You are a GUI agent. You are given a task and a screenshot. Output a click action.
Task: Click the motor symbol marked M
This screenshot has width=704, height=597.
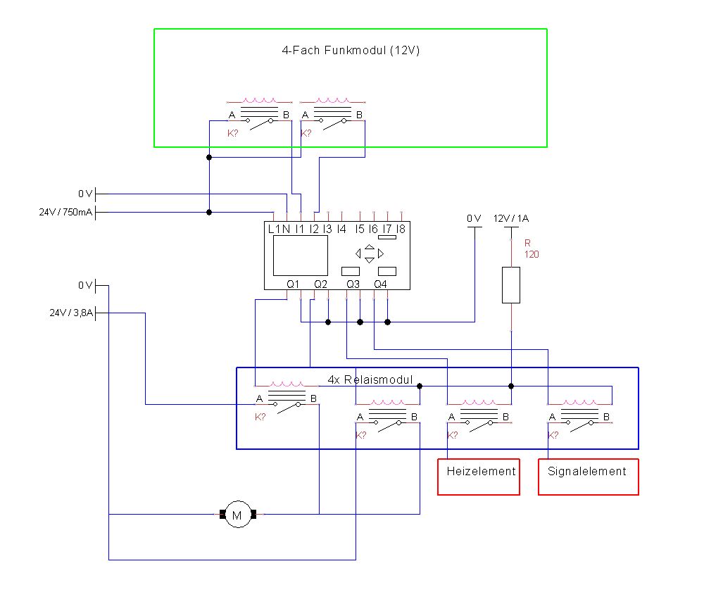pyautogui.click(x=237, y=514)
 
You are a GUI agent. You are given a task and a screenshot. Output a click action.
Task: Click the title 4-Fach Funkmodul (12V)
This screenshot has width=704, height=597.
pyautogui.click(x=351, y=50)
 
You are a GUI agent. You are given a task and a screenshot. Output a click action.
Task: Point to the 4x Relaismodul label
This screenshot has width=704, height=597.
pyautogui.click(x=370, y=379)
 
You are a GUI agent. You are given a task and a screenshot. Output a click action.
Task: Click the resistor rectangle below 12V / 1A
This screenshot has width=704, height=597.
pyautogui.click(x=511, y=285)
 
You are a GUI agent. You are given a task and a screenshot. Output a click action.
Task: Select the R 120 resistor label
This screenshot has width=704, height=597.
pyautogui.click(x=532, y=249)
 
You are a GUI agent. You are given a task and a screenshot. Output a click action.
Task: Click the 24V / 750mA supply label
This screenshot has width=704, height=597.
pyautogui.click(x=65, y=212)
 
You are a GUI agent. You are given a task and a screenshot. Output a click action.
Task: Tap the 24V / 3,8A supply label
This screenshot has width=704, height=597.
pyautogui.click(x=71, y=313)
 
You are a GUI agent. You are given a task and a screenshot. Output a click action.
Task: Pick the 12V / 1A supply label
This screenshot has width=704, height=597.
pyautogui.click(x=511, y=219)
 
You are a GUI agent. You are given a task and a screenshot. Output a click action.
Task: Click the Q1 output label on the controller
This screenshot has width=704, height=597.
pyautogui.click(x=293, y=284)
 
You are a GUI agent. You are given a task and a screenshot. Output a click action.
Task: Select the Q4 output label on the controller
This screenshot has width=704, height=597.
pyautogui.click(x=380, y=284)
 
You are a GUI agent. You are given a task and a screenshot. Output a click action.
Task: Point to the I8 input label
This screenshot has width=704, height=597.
pyautogui.click(x=401, y=229)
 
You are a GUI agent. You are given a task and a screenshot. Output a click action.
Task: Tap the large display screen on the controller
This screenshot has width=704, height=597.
pyautogui.click(x=301, y=256)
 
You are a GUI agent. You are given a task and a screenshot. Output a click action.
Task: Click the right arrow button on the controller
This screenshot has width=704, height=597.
pyautogui.click(x=381, y=253)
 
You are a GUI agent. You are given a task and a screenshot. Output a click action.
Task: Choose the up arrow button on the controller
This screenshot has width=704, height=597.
pyautogui.click(x=370, y=246)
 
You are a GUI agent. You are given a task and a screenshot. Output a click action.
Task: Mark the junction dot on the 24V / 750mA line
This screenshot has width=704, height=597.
pyautogui.click(x=209, y=213)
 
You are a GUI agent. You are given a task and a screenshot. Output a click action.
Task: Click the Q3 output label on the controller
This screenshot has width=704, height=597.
pyautogui.click(x=353, y=284)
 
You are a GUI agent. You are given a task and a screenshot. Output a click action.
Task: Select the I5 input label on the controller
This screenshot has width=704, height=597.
pyautogui.click(x=360, y=229)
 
